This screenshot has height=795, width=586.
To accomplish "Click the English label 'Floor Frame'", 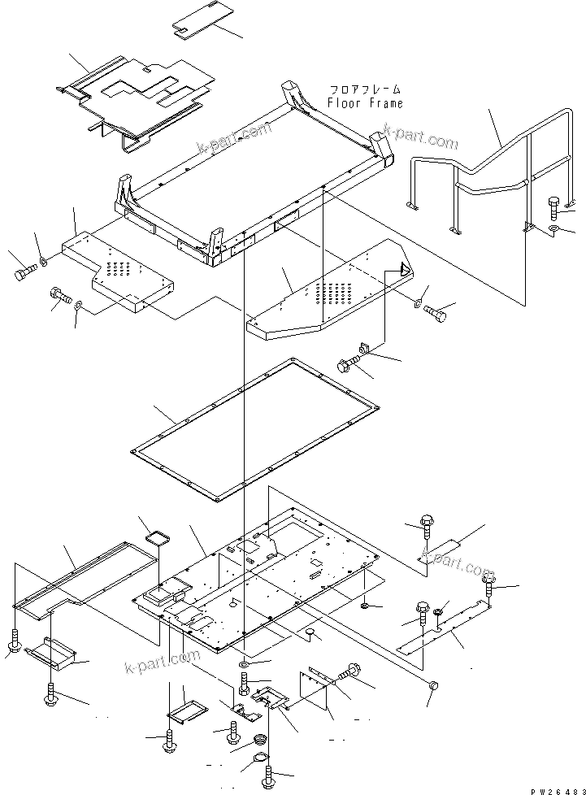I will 365,103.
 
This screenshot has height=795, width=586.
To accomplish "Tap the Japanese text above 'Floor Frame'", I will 365,89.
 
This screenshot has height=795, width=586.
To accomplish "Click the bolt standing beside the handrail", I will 554,209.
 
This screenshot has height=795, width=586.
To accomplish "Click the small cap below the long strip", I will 432,687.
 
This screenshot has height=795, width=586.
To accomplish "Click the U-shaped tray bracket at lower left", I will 52,650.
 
